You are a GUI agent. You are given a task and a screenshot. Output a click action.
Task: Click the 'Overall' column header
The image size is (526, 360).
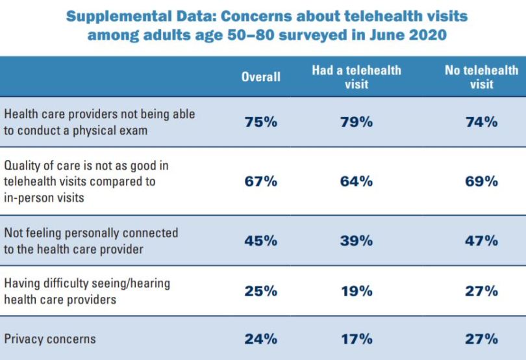(x=260, y=77)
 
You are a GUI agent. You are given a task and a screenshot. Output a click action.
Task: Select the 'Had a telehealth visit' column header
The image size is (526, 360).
(x=357, y=77)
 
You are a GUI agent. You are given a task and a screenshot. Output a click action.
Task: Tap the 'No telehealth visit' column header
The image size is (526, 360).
(x=481, y=77)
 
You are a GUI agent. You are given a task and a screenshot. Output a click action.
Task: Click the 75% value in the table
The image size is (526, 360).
(x=260, y=121)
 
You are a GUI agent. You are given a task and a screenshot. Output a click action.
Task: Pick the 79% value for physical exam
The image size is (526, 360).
(x=357, y=121)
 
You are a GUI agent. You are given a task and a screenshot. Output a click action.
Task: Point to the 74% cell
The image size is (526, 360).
(x=481, y=121)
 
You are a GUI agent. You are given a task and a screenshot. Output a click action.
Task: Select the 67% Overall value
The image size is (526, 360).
(x=260, y=182)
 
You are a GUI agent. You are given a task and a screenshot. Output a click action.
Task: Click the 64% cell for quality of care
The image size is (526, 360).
(x=357, y=182)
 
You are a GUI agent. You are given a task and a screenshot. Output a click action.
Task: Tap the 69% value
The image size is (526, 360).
(x=481, y=182)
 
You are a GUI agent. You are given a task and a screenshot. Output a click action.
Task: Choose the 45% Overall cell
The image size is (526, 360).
(x=260, y=240)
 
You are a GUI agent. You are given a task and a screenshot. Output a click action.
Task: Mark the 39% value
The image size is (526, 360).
(x=357, y=240)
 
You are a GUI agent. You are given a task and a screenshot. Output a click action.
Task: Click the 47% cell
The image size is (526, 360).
(x=481, y=240)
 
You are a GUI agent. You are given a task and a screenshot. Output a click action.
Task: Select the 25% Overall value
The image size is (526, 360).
(x=260, y=290)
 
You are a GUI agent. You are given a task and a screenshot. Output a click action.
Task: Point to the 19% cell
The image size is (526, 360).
(x=357, y=290)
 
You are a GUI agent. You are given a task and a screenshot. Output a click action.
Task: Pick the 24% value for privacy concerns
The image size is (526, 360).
(x=260, y=339)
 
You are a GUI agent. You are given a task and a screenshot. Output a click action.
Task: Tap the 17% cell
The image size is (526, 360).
(x=357, y=339)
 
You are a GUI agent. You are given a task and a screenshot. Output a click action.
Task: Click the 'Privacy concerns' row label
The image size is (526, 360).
(x=50, y=339)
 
